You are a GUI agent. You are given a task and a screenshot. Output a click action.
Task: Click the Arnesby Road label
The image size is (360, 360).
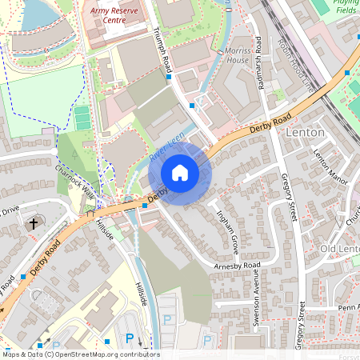click(x=238, y=265)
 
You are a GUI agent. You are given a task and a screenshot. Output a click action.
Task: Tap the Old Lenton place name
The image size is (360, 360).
click(x=339, y=249)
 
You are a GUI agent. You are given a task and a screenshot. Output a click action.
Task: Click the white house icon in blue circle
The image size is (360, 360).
click(x=180, y=173)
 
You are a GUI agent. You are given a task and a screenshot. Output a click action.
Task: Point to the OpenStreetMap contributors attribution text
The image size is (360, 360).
click(x=80, y=353)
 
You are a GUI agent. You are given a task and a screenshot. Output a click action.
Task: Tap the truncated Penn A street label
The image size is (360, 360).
click(x=347, y=306)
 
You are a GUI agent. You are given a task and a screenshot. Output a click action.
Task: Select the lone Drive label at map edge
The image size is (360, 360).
click(x=9, y=211)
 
